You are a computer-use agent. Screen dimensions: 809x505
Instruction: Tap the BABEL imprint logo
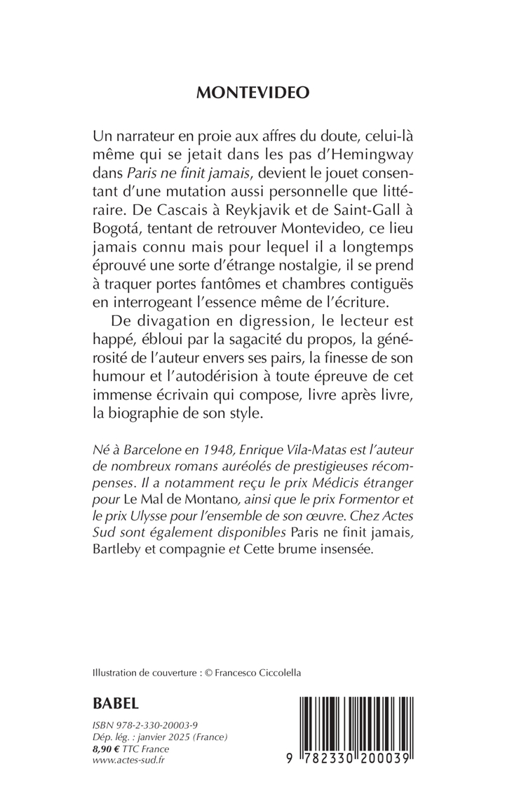pos(116,703)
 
